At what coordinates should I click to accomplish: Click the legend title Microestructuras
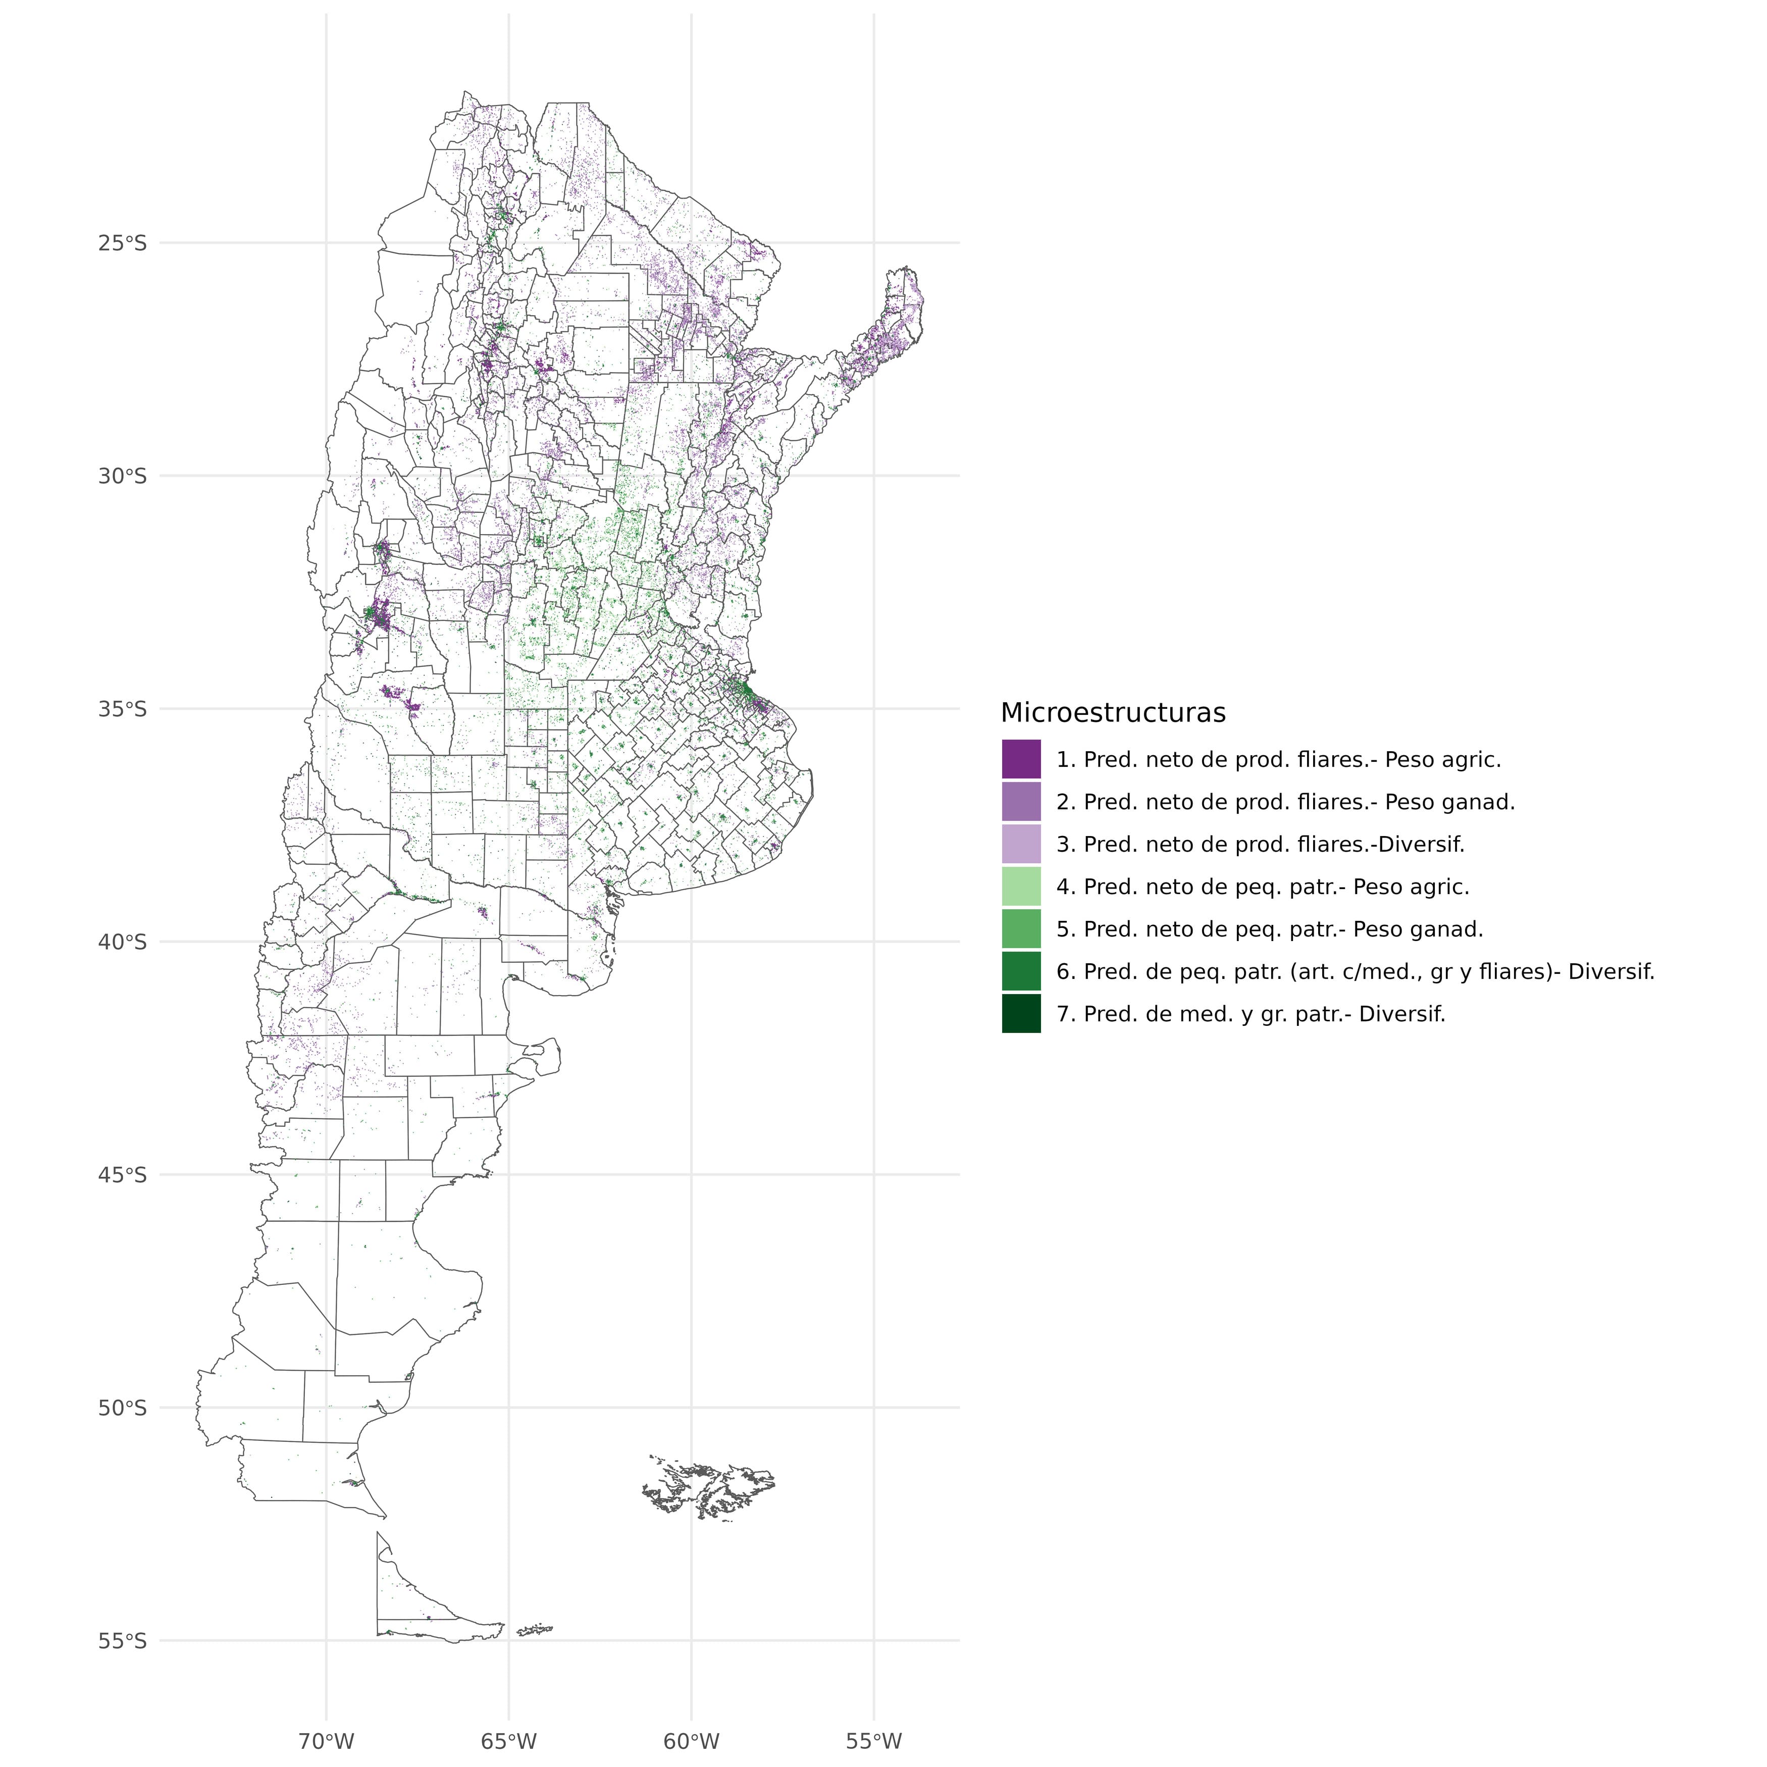point(1112,712)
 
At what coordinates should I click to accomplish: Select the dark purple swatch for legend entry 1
point(1021,759)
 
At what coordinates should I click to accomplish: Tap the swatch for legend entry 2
point(1021,801)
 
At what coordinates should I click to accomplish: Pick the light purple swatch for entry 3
point(1021,843)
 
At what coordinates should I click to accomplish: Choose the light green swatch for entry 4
point(1021,886)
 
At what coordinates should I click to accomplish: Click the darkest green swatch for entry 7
point(1021,1013)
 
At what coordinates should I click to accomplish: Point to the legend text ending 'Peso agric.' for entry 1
point(1278,759)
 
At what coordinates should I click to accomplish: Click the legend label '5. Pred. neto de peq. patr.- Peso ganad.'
point(1269,929)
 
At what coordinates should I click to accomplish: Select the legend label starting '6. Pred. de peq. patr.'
point(1355,971)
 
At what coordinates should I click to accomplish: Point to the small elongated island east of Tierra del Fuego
point(535,1630)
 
